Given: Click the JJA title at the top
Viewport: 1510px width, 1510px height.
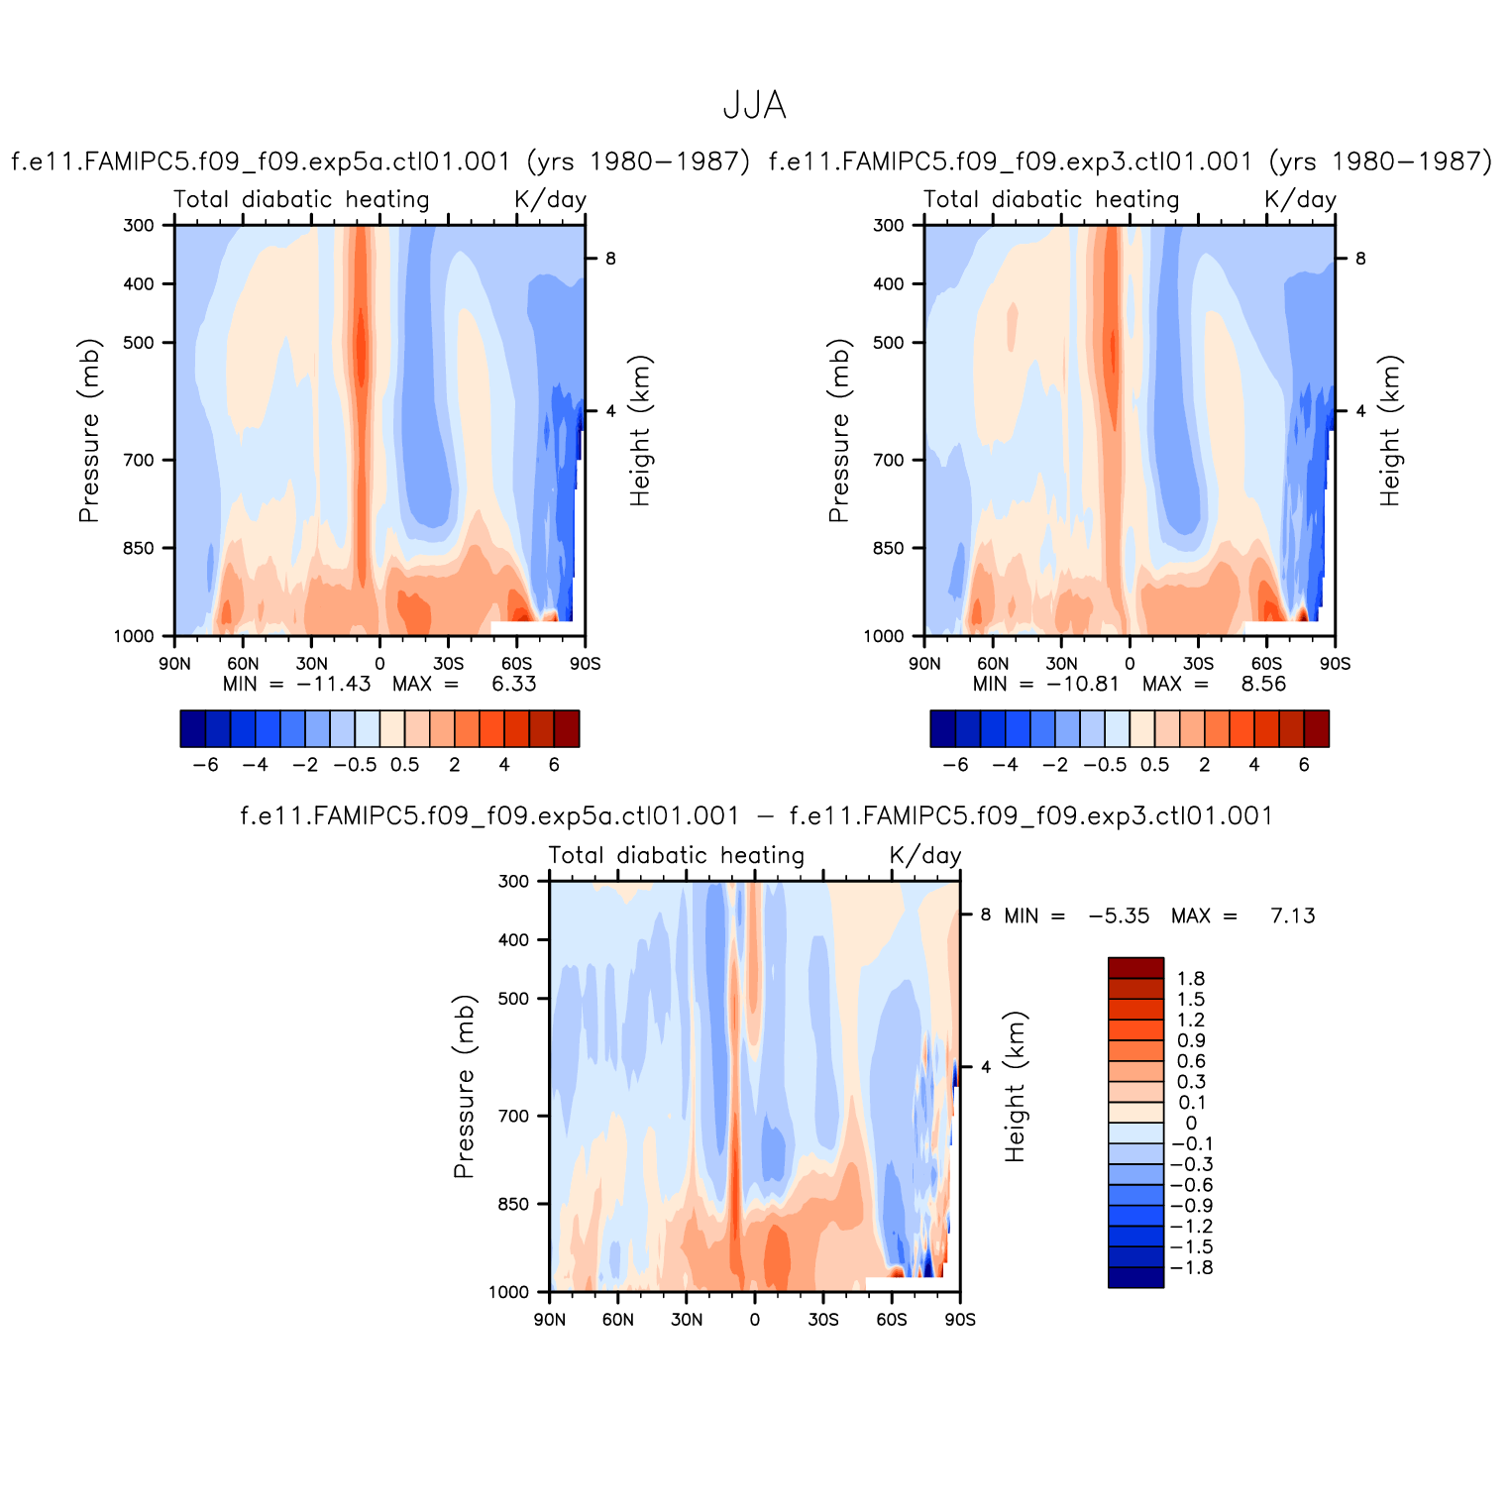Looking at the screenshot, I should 755,105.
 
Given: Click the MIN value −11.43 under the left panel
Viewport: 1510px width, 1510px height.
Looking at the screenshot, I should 333,684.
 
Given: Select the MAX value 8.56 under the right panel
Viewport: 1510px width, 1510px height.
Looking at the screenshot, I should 1263,684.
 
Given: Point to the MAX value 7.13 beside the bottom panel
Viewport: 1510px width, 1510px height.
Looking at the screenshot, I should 1292,916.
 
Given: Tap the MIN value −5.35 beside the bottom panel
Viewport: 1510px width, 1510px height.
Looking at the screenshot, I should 1119,916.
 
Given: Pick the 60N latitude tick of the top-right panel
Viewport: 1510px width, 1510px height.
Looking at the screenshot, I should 993,663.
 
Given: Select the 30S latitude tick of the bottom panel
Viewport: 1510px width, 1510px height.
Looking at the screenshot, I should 823,1319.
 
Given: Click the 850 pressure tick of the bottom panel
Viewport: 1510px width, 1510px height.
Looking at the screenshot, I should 514,1204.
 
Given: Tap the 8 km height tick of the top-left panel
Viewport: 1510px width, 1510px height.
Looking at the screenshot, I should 610,259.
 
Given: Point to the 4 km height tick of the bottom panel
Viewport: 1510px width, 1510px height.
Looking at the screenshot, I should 985,1067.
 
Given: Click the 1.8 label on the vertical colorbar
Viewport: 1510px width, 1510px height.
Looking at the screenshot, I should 1191,979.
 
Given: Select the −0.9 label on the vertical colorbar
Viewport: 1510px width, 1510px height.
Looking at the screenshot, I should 1191,1206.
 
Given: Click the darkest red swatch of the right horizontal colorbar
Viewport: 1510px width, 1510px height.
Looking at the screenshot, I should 1317,728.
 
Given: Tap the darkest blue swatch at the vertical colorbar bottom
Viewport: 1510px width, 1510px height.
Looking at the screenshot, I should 1135,1277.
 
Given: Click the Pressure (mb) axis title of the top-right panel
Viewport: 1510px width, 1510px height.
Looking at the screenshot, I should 839,431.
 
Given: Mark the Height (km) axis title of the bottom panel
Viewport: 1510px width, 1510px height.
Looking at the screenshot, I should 1015,1087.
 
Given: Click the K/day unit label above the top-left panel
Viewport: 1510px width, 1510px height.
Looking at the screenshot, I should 550,199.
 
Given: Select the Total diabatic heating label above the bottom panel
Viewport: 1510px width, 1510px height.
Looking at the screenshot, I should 676,855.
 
